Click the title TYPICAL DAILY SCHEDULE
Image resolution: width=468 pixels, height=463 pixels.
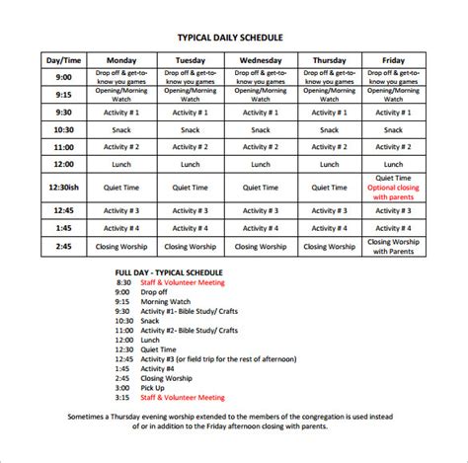(x=234, y=38)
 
